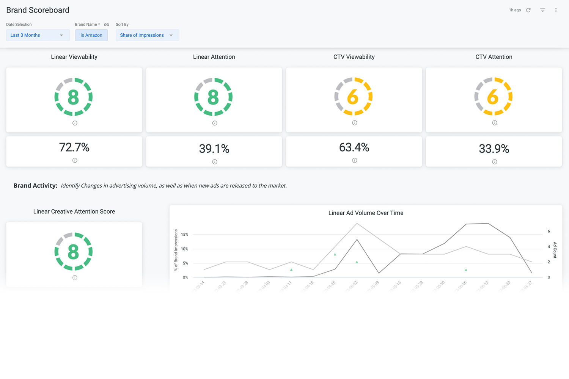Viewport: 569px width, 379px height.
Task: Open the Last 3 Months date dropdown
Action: click(38, 35)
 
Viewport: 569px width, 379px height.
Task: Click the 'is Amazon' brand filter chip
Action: click(91, 35)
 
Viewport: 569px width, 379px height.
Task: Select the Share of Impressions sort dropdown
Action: click(147, 35)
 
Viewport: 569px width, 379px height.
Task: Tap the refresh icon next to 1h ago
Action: click(528, 10)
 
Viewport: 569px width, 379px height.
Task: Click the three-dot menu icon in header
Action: click(556, 10)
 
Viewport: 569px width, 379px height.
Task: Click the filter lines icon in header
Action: click(542, 10)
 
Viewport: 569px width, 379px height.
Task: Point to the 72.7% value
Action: click(74, 147)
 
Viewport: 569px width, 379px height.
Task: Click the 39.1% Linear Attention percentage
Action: click(214, 149)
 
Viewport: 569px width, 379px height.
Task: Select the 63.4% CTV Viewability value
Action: click(354, 147)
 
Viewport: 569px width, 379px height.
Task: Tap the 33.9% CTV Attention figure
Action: click(494, 149)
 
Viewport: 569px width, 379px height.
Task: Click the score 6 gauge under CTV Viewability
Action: click(354, 97)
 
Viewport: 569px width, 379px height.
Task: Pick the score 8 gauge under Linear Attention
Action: click(214, 97)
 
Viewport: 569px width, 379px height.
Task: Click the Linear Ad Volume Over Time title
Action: click(366, 213)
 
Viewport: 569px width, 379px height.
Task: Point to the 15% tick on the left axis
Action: click(185, 235)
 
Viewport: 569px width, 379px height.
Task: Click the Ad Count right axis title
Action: click(555, 250)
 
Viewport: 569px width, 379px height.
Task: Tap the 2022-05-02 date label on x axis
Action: click(351, 287)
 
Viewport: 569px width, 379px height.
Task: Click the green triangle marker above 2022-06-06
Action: click(466, 270)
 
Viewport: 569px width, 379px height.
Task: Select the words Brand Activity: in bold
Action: click(35, 186)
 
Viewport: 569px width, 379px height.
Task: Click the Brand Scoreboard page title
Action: click(38, 10)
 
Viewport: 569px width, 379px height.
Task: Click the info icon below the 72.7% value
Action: click(75, 160)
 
